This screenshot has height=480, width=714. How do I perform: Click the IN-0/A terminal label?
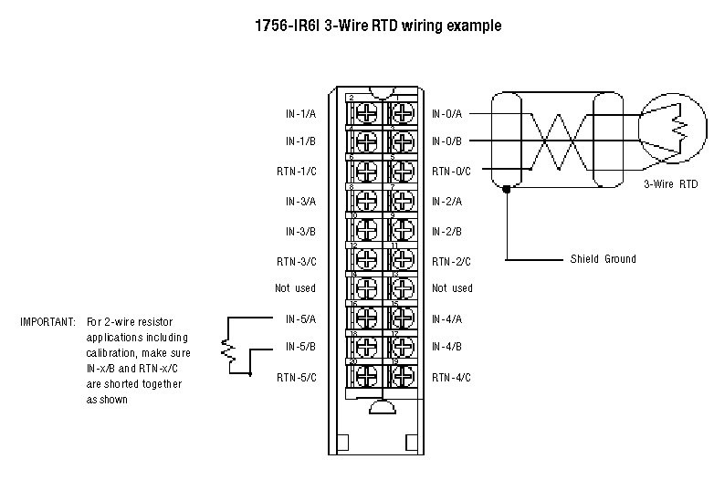[447, 114]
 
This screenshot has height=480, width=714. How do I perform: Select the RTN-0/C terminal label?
[451, 172]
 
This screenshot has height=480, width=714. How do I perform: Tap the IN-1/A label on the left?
[300, 114]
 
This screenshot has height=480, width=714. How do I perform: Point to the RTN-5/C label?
[297, 376]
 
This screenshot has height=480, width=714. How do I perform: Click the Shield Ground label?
[603, 259]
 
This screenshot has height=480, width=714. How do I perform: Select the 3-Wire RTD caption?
[670, 184]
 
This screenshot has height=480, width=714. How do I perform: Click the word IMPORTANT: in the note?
[48, 321]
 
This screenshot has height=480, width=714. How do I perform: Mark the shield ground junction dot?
[506, 189]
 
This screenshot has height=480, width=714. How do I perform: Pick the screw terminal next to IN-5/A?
[365, 318]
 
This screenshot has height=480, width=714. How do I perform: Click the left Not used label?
[296, 288]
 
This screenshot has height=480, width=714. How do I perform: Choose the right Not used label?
[452, 288]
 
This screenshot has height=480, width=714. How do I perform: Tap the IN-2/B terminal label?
[447, 231]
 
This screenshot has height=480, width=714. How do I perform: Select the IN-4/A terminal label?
[447, 318]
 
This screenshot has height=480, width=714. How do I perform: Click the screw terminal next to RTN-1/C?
[365, 172]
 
